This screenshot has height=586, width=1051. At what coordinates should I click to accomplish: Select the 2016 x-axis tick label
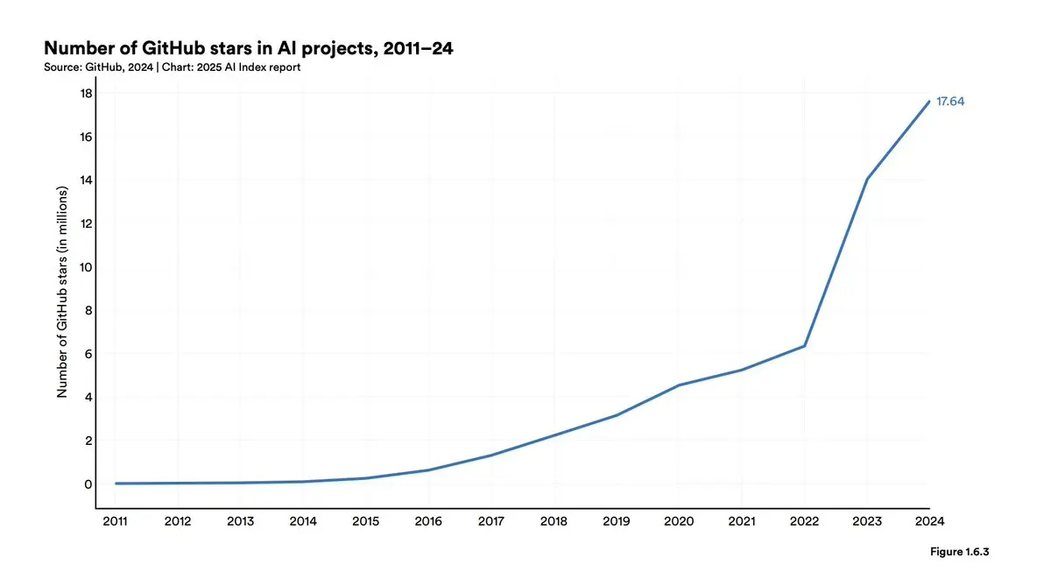click(x=428, y=522)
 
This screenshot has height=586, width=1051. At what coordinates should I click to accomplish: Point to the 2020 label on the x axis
click(x=679, y=522)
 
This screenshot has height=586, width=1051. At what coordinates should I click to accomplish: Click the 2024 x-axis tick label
click(x=929, y=522)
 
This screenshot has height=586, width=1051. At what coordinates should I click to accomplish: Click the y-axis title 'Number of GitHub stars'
click(x=62, y=292)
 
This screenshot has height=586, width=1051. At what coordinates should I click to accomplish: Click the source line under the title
click(x=173, y=67)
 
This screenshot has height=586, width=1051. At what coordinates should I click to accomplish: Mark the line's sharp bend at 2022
click(x=804, y=346)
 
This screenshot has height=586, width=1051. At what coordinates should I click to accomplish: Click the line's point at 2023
click(x=867, y=179)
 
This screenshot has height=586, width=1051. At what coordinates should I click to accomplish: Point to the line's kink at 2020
click(x=679, y=385)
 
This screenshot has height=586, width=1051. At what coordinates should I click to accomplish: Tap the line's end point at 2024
click(x=929, y=102)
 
